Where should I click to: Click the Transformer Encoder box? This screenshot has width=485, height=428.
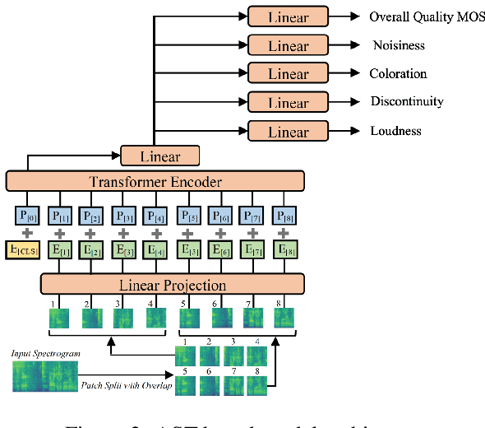(155, 182)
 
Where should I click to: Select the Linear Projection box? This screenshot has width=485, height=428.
(173, 286)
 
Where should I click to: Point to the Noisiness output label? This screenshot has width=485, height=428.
(398, 45)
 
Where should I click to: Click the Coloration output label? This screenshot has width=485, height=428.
(399, 73)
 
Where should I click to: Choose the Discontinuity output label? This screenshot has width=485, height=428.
(406, 101)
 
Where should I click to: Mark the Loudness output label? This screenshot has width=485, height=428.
(395, 130)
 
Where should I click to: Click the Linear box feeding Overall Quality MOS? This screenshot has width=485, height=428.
(288, 16)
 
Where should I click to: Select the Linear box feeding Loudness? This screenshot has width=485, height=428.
(288, 131)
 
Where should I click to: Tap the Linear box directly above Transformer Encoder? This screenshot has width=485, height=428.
(161, 156)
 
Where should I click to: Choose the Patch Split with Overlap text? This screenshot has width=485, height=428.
(125, 385)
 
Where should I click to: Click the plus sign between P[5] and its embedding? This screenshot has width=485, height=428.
(188, 232)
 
